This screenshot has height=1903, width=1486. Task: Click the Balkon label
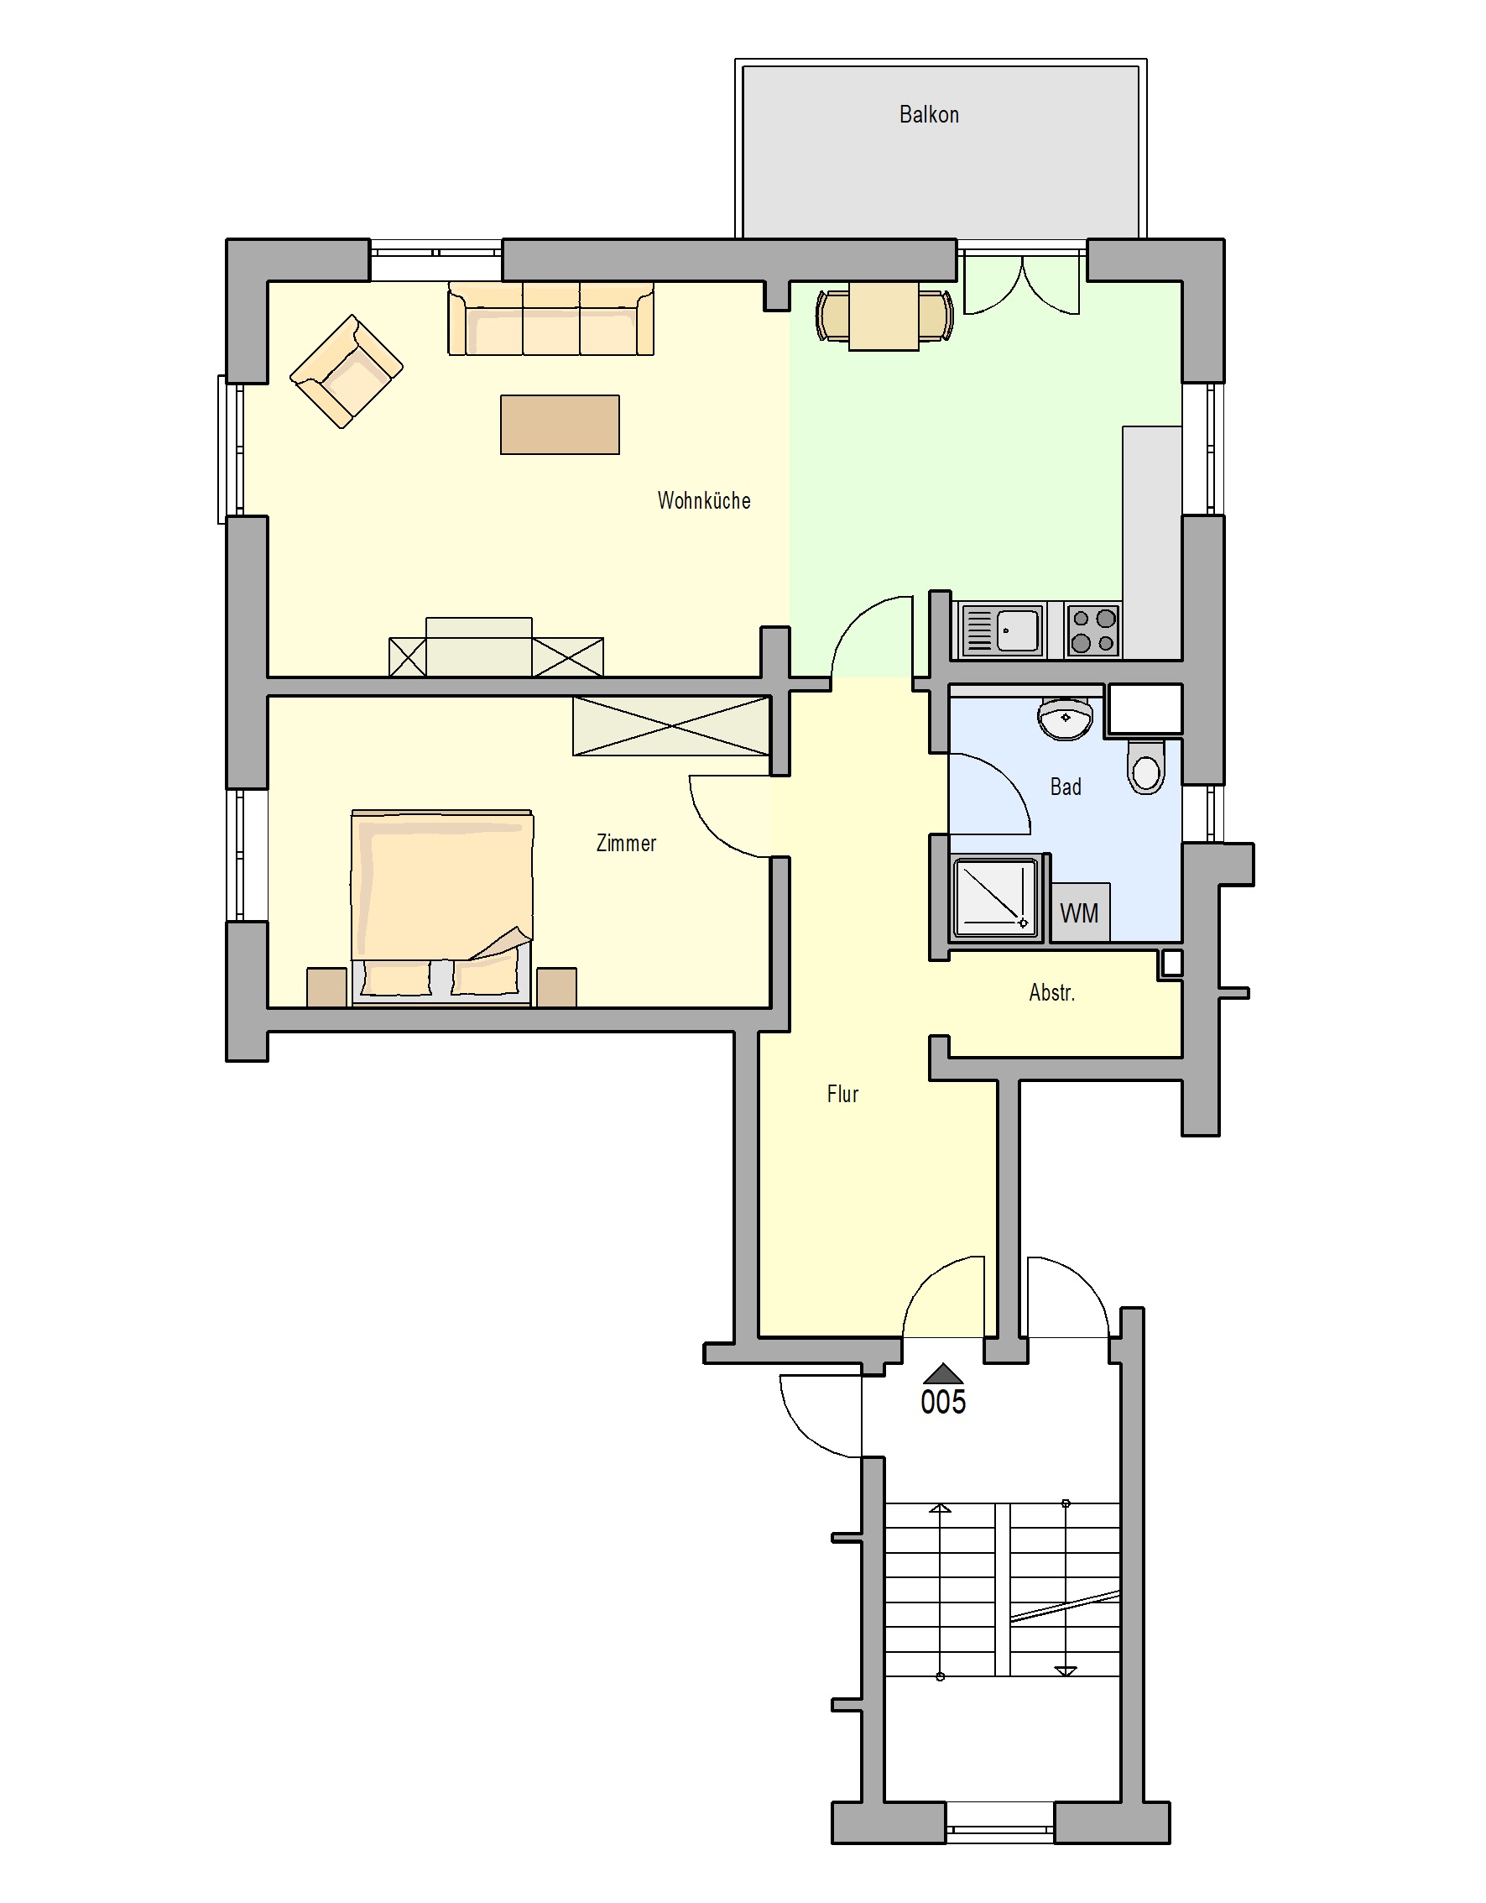coord(929,114)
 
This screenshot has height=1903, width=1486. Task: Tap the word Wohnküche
coord(704,500)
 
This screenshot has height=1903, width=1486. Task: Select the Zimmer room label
coord(625,843)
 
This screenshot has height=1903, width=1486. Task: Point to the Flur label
coord(842,1094)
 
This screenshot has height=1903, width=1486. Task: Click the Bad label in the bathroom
coord(1066,787)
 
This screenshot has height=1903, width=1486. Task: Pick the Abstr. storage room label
coord(1051,992)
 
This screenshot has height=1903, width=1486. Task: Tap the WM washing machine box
coord(1080,912)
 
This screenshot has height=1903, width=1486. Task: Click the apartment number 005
coord(943,1401)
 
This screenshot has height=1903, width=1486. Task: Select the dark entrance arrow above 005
coord(943,1374)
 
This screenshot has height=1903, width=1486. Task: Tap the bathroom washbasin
coord(1065,718)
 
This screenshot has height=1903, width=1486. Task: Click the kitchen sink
coord(1001,630)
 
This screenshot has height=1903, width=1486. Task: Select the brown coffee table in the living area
coord(559,425)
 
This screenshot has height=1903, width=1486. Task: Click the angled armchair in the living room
coord(346,371)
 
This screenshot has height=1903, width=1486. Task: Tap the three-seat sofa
coord(550,318)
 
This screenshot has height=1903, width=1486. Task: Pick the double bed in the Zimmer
coord(441,908)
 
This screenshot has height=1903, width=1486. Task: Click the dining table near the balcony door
coord(884,316)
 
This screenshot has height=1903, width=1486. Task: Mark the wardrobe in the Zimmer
coord(670,726)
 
